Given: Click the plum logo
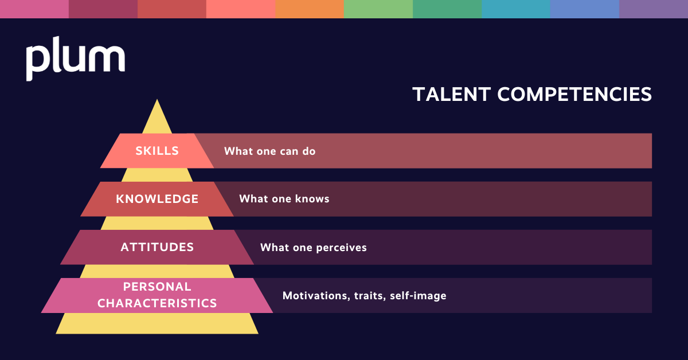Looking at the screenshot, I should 75,59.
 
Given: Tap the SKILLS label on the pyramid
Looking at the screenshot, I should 157,151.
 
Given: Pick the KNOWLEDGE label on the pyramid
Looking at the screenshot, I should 157,199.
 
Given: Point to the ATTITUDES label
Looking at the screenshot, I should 157,247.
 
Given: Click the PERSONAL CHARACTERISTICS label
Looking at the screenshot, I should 157,295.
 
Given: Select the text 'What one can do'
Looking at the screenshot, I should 269,151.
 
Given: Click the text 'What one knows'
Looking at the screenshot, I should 284,199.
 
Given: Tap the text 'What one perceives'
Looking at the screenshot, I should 313,248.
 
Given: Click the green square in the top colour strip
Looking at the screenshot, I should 378,9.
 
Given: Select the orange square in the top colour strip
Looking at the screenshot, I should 310,9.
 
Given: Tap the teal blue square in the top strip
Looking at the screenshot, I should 516,9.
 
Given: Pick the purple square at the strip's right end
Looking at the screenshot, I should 654,9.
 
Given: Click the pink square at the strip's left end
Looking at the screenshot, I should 34,9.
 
